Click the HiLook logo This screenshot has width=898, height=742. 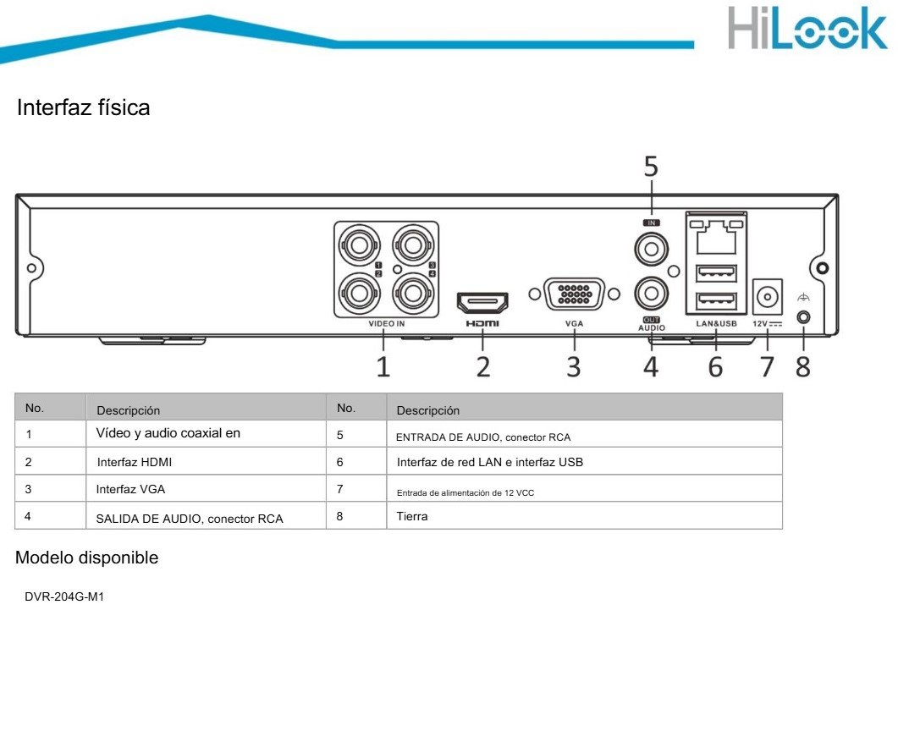[x=807, y=30]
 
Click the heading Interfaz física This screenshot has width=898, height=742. [x=83, y=108]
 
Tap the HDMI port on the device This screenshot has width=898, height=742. [x=482, y=301]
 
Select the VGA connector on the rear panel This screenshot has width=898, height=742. [x=575, y=294]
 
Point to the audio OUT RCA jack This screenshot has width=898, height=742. [x=651, y=294]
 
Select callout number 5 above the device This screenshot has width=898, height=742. [x=651, y=168]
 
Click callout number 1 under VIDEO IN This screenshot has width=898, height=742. [x=383, y=366]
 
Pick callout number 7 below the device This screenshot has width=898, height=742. [x=767, y=366]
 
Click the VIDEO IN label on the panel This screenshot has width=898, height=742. [x=386, y=323]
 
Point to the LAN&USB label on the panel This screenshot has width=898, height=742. [x=716, y=323]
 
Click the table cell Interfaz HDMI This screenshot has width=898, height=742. [x=135, y=463]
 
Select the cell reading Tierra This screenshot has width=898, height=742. [x=412, y=516]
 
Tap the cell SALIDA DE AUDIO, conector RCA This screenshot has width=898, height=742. [x=190, y=519]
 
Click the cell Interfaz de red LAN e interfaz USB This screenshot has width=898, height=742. [x=489, y=463]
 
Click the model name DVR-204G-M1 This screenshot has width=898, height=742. [x=64, y=597]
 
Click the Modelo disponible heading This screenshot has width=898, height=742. [x=86, y=558]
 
